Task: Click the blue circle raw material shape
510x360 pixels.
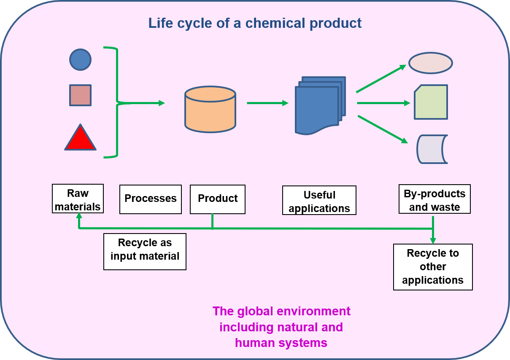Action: (x=81, y=59)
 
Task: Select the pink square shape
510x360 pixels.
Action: (x=81, y=95)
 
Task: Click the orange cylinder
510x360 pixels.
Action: (x=210, y=109)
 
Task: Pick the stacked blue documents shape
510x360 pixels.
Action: (x=320, y=105)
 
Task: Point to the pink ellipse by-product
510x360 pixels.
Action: (x=431, y=63)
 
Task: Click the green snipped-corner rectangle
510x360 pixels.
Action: (x=431, y=102)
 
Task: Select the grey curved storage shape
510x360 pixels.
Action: (x=431, y=149)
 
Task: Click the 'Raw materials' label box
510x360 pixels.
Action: (x=78, y=199)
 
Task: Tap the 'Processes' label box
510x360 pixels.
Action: (x=151, y=199)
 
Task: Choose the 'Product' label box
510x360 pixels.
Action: (x=218, y=199)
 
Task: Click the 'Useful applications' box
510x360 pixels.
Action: (x=319, y=200)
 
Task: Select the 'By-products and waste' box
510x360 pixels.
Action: (x=434, y=199)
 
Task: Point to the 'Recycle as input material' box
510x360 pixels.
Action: (x=145, y=252)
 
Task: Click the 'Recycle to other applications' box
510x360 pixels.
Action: (x=433, y=267)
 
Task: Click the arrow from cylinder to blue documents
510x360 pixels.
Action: (x=268, y=103)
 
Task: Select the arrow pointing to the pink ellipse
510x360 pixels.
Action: (x=381, y=79)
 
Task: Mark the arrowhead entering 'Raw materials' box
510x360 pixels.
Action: (x=79, y=215)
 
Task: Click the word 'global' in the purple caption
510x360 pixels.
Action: (x=255, y=312)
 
